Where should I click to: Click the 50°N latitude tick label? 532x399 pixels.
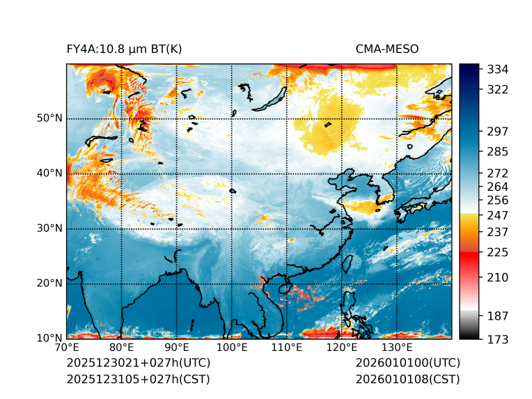click(49, 118)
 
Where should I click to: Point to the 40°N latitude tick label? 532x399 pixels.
click(49, 173)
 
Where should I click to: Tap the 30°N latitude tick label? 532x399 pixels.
click(49, 228)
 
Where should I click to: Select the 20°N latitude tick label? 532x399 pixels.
click(49, 283)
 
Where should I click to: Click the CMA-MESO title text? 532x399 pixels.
click(387, 49)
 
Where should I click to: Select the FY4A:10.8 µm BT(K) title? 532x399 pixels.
click(125, 49)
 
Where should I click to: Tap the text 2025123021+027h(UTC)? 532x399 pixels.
click(139, 363)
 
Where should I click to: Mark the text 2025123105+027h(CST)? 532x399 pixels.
click(138, 379)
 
